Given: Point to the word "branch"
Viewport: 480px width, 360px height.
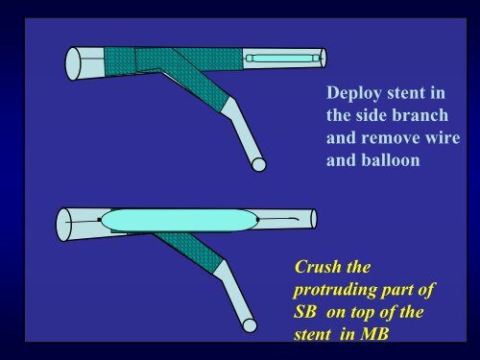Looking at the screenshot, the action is tap(418, 116).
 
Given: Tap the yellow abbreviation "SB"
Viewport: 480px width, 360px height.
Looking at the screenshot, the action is tap(311, 310).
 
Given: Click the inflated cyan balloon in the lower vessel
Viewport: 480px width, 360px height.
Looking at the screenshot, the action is tap(179, 221).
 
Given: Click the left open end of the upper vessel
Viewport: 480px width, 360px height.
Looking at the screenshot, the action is tap(72, 64).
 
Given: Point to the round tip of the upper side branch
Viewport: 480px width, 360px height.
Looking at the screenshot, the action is tap(257, 164).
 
